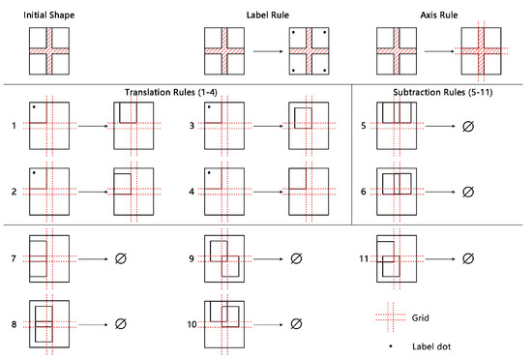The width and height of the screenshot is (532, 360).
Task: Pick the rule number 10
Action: [192, 323]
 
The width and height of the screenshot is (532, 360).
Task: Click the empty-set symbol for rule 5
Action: [469, 125]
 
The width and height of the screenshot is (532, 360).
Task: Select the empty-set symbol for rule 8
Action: [121, 323]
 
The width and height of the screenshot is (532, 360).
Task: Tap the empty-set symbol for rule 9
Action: [296, 259]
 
